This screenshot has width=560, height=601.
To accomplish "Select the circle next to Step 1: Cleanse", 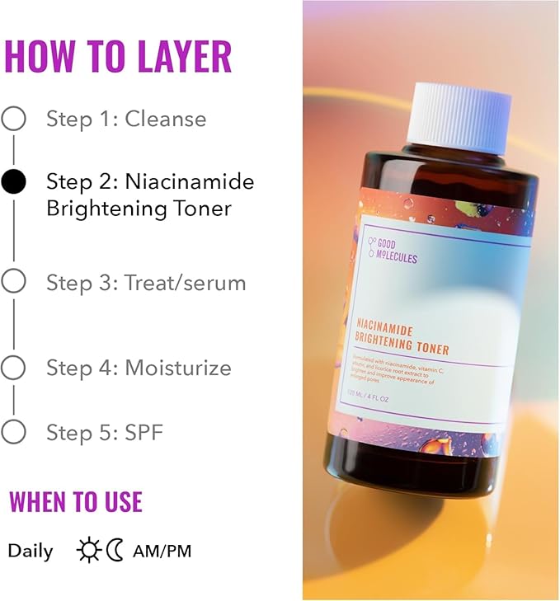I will [13, 119].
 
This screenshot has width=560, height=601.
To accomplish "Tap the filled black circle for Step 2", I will [13, 181].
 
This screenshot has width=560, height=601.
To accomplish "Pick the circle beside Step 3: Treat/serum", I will [13, 282].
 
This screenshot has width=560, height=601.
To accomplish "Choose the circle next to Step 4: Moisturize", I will [13, 368].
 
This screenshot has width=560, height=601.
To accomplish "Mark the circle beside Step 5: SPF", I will [13, 431].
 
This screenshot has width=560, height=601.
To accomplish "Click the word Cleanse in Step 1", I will [166, 119].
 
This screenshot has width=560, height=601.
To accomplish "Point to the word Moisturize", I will [178, 368].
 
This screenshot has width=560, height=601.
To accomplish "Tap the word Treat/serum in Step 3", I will [186, 283].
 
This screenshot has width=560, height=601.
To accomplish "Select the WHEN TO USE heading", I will [75, 501].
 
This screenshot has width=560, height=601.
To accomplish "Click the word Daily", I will [31, 551].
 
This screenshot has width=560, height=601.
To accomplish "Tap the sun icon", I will [88, 550].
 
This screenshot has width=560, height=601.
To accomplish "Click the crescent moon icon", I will [115, 550].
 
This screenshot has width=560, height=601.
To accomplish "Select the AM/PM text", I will [161, 551].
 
